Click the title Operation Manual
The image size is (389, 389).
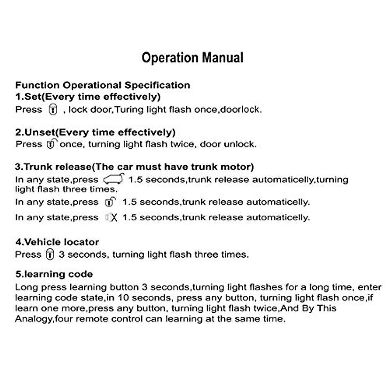(x=192, y=58)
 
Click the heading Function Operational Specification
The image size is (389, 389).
(x=102, y=85)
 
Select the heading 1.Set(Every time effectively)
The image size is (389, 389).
(x=88, y=97)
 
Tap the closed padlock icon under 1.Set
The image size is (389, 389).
(x=53, y=109)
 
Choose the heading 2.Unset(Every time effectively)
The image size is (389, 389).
(x=95, y=132)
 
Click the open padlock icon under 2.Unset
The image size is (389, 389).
(x=51, y=144)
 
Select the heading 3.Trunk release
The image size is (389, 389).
(x=134, y=167)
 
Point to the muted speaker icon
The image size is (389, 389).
(x=111, y=218)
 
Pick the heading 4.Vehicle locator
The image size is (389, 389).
(x=57, y=242)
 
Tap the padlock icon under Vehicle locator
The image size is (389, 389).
(x=50, y=254)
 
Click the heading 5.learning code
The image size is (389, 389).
(x=54, y=274)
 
